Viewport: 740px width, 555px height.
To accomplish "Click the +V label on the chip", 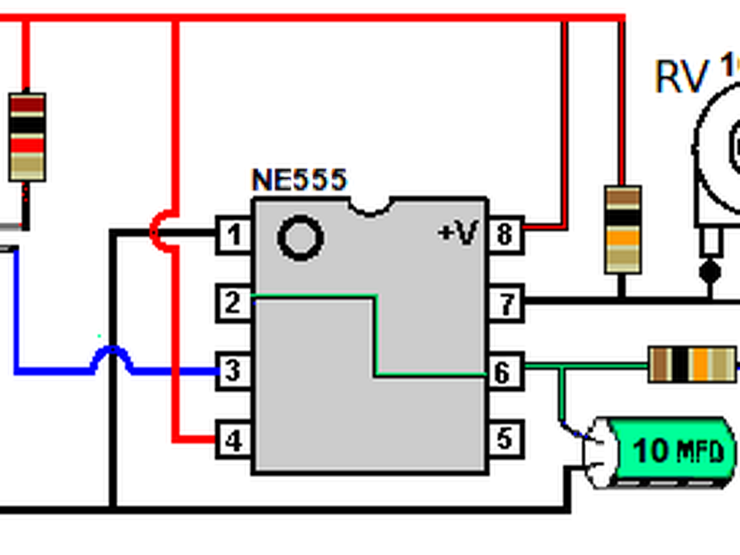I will [458, 232].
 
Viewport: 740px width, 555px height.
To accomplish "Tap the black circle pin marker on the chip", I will [300, 237].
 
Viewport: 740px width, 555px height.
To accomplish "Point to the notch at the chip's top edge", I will [371, 207].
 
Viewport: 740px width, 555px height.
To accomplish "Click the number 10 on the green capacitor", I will [651, 449].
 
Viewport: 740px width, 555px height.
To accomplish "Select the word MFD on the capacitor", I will [700, 451].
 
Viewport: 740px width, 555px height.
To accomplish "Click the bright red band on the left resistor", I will [27, 143].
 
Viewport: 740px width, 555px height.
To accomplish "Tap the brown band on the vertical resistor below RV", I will [623, 199].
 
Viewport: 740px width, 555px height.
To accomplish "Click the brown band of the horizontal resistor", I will [661, 365].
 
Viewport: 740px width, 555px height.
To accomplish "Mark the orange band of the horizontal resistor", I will [701, 365].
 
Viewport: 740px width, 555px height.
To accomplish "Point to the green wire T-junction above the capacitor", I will [561, 366].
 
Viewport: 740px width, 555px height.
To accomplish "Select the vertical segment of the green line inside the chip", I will [375, 336].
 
